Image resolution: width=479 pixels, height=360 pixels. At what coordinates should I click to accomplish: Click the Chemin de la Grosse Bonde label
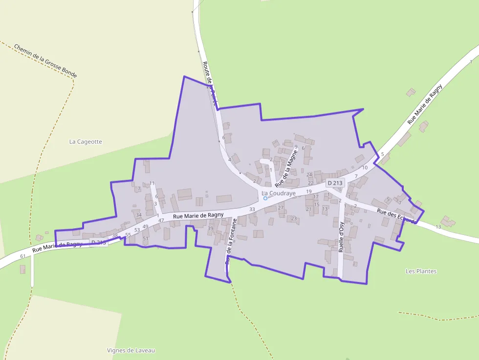click(x=45, y=61)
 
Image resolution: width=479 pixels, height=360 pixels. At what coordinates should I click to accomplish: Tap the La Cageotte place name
click(x=86, y=142)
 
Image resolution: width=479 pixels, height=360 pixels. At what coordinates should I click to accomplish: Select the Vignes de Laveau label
click(x=131, y=350)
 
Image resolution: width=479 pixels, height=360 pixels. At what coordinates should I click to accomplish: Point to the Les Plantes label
click(x=421, y=271)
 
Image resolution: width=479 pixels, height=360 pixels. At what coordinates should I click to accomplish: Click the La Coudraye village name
click(x=279, y=193)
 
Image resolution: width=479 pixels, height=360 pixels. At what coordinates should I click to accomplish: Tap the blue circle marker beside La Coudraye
click(x=265, y=198)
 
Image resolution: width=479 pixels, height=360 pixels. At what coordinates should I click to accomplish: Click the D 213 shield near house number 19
click(x=335, y=183)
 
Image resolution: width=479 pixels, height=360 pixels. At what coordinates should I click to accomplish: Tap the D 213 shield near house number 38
click(x=98, y=242)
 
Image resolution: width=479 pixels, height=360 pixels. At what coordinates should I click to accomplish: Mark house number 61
click(x=23, y=256)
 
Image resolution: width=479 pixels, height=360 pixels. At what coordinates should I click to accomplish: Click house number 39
click(x=211, y=229)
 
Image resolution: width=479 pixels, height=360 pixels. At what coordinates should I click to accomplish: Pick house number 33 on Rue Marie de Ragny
click(x=252, y=210)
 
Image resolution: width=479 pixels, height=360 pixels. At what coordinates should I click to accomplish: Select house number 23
click(x=294, y=218)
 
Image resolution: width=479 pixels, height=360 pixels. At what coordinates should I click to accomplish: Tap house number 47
click(x=161, y=221)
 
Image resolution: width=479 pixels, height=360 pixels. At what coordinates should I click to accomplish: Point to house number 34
click(x=139, y=215)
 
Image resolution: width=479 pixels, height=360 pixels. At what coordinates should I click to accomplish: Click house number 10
click(x=365, y=168)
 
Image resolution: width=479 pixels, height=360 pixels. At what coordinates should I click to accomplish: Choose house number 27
click(x=281, y=208)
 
